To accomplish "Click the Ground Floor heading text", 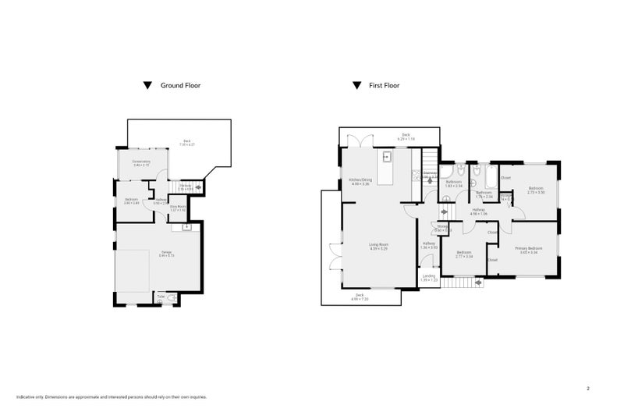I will coord(180,85).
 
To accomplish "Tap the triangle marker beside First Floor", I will coord(356,85).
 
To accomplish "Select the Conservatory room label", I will coord(141,163).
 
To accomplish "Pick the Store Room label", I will coord(177,208).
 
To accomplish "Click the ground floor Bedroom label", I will coord(131,200).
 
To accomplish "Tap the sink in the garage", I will coord(186,227).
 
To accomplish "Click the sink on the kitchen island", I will coord(386,155).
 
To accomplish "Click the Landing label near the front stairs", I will coord(429,276).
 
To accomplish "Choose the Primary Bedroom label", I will coord(528,249).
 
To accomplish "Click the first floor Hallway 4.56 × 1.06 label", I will coord(478,211).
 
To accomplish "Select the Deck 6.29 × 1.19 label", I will coord(406,137).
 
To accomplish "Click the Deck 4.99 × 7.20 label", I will coord(360,296).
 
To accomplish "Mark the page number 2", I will coord(587,388).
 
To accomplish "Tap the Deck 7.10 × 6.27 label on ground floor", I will coord(186,143).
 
